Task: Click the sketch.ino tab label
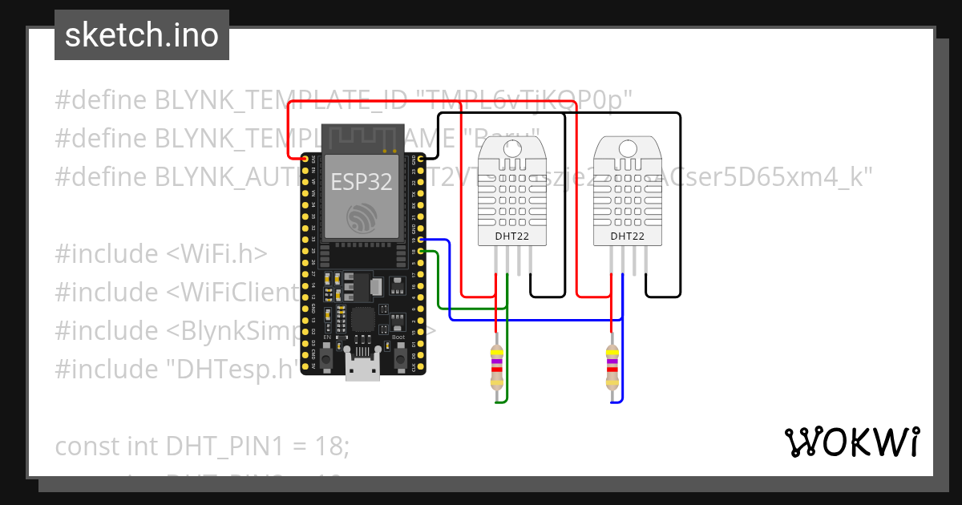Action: click(x=141, y=35)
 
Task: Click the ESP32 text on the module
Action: click(x=362, y=182)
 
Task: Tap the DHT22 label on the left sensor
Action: click(x=511, y=236)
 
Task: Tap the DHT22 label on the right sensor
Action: click(x=628, y=236)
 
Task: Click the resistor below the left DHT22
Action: click(x=498, y=369)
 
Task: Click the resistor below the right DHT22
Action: click(x=612, y=369)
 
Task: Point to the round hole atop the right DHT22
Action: click(x=628, y=147)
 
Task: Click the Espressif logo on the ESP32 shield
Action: click(x=362, y=218)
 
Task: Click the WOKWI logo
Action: click(x=851, y=442)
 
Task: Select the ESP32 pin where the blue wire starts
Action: click(x=422, y=240)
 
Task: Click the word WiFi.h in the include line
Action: click(x=216, y=254)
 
